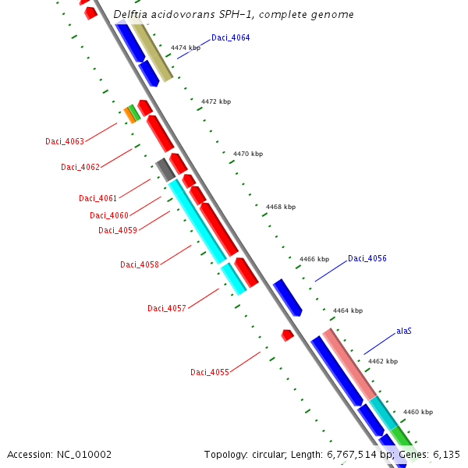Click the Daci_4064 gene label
[x=230, y=37]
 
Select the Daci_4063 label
[x=64, y=141]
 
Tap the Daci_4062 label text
[x=80, y=167]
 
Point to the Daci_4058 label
[x=139, y=264]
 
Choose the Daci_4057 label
[x=166, y=308]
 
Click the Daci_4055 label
[x=209, y=372]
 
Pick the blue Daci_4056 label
[x=367, y=258]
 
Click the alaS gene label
[x=403, y=331]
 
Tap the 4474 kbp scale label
[x=186, y=48]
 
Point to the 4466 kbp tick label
[x=314, y=259]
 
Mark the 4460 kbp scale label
[x=417, y=412]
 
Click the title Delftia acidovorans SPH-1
[x=233, y=15]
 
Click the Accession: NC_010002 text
[x=59, y=454]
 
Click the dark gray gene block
[x=165, y=169]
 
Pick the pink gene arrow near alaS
[x=350, y=363]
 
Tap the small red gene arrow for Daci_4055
[x=287, y=335]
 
